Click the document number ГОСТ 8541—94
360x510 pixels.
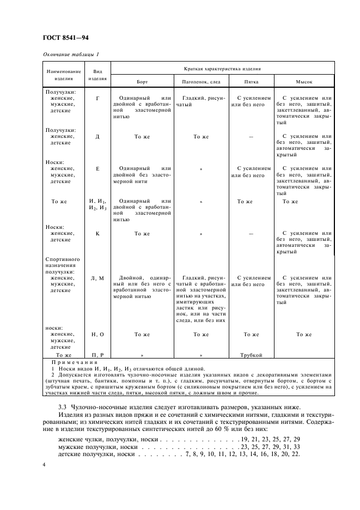coord(65,38)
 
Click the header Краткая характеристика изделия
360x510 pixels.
coord(221,69)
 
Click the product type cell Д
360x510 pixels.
coord(97,136)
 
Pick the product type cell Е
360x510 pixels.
coord(97,169)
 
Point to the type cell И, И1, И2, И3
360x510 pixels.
coord(97,204)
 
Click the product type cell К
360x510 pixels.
coord(97,233)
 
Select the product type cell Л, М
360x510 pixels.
coord(97,278)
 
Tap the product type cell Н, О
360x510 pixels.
coord(97,334)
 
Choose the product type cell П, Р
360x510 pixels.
coord(97,355)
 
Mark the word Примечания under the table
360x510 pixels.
coord(74,362)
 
